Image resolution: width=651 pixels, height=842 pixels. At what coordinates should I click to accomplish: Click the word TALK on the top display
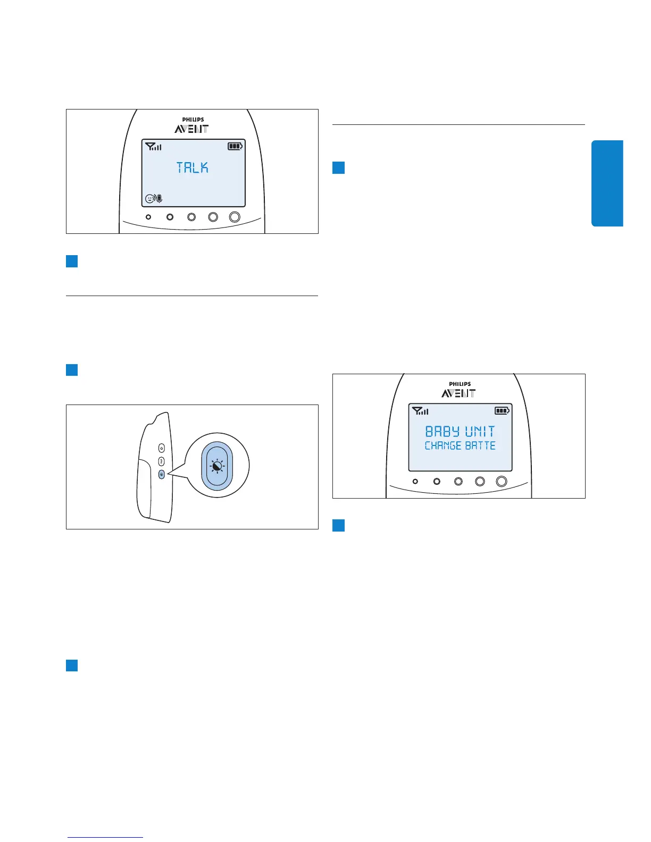(x=193, y=168)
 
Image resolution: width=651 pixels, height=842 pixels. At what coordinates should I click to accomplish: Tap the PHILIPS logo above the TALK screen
(x=193, y=120)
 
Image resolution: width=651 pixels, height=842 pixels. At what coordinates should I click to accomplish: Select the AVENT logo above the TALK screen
(x=191, y=129)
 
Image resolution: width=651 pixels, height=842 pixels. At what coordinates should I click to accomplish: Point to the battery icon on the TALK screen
(x=235, y=146)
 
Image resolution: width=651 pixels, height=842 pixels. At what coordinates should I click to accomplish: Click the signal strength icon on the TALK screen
(x=153, y=146)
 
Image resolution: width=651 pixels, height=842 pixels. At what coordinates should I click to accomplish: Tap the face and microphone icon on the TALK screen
(x=154, y=199)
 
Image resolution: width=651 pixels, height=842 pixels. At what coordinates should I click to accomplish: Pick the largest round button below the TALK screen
(x=235, y=217)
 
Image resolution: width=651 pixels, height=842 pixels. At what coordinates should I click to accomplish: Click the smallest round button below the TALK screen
(x=148, y=217)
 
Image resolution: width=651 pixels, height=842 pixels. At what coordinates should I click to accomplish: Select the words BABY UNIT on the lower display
(x=460, y=431)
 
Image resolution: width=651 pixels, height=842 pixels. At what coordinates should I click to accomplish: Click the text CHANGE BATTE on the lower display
(x=460, y=445)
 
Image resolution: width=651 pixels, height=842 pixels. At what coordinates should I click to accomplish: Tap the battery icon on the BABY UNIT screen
(x=502, y=410)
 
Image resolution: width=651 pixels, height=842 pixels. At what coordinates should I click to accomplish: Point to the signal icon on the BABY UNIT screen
(x=420, y=410)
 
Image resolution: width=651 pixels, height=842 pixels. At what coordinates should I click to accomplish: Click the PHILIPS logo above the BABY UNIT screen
(x=460, y=384)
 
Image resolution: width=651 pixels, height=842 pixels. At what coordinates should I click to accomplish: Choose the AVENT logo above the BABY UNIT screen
(x=458, y=393)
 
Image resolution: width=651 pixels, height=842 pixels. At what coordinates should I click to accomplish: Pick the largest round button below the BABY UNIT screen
(x=502, y=482)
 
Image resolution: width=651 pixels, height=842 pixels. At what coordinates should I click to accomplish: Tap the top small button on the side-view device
(x=162, y=449)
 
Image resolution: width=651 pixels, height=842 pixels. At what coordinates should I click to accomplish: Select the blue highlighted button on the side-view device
(x=162, y=474)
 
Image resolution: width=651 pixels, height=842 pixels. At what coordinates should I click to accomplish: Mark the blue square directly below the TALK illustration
(x=72, y=261)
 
